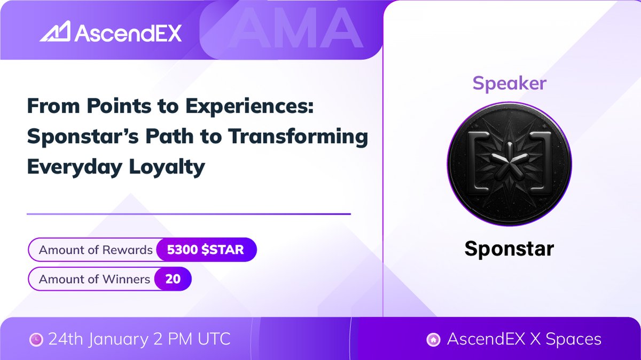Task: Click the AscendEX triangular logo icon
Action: (55, 33)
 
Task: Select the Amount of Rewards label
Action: (96, 250)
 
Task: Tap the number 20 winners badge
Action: (173, 279)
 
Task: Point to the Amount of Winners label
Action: (95, 279)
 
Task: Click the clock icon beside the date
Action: (36, 339)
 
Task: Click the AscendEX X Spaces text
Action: (524, 339)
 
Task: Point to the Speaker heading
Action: (509, 83)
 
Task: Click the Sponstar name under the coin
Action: (509, 249)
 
